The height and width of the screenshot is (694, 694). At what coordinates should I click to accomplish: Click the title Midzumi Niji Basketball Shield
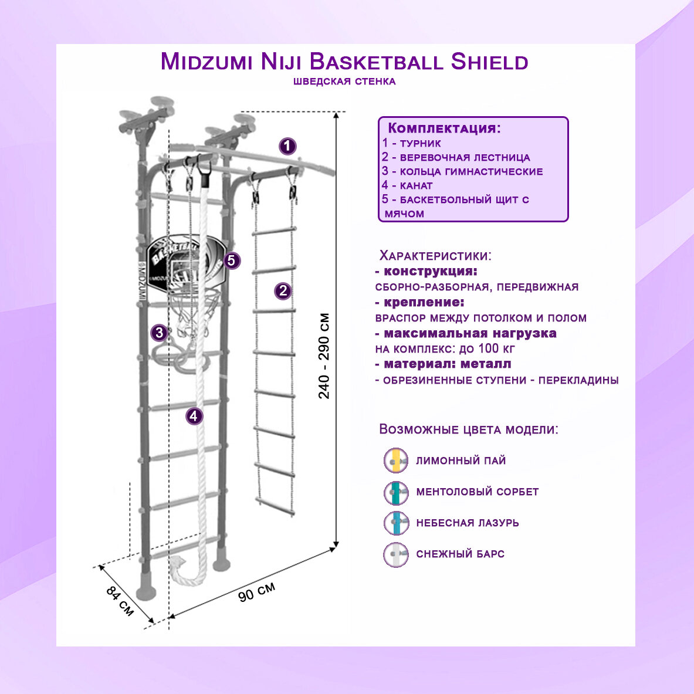coord(344,62)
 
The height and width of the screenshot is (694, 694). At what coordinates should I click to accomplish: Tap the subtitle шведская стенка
coord(344,82)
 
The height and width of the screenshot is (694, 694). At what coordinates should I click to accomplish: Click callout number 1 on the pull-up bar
coord(287,146)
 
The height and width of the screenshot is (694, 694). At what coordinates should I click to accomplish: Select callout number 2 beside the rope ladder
coord(283,290)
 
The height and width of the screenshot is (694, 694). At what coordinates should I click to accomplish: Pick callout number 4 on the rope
coord(194,417)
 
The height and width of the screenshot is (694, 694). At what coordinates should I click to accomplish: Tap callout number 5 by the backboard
coord(232,260)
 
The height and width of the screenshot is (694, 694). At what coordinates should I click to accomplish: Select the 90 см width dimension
coord(257,591)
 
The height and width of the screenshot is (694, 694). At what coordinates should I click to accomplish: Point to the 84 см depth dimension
coord(120,600)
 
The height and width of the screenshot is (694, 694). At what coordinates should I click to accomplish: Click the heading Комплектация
coord(444,128)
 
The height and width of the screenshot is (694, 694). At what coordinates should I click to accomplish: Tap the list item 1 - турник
coord(411,143)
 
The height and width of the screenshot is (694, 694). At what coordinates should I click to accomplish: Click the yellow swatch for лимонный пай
coord(396,461)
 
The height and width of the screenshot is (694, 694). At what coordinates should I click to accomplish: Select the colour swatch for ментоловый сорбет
coord(396,492)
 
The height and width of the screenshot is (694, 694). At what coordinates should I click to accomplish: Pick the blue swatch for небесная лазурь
coord(396,523)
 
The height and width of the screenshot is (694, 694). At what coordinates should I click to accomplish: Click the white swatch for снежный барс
coord(396,554)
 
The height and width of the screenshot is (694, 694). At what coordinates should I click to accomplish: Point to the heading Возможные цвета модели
coord(468,429)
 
